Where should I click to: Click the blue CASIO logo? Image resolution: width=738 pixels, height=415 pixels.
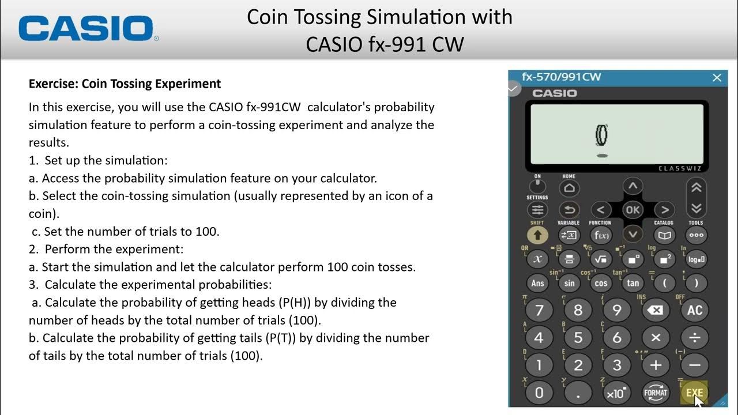tap(86, 28)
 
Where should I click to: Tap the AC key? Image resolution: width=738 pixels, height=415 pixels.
tap(695, 310)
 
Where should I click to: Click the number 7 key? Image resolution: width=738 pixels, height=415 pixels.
tap(539, 310)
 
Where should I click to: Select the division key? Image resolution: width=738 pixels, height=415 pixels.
tap(695, 338)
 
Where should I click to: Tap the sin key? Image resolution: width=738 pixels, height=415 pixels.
tap(570, 283)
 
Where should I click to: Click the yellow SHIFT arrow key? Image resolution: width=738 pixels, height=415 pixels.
tap(537, 235)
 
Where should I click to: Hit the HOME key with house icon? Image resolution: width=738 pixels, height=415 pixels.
tap(569, 188)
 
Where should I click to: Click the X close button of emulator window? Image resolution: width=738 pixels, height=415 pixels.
tap(717, 77)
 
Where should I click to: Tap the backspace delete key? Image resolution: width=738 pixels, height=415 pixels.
tap(656, 310)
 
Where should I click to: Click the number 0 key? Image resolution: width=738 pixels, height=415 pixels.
tap(539, 393)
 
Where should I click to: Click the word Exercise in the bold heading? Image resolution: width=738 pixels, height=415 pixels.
tap(53, 84)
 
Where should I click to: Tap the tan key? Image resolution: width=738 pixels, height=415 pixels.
tap(633, 283)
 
